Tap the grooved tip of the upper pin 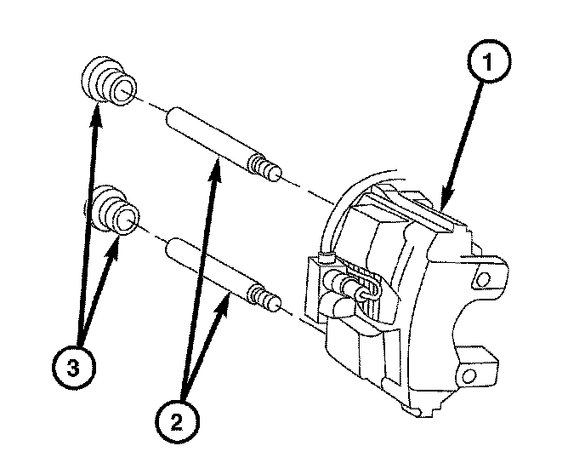[x=270, y=171]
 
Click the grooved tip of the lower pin [x=270, y=303]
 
